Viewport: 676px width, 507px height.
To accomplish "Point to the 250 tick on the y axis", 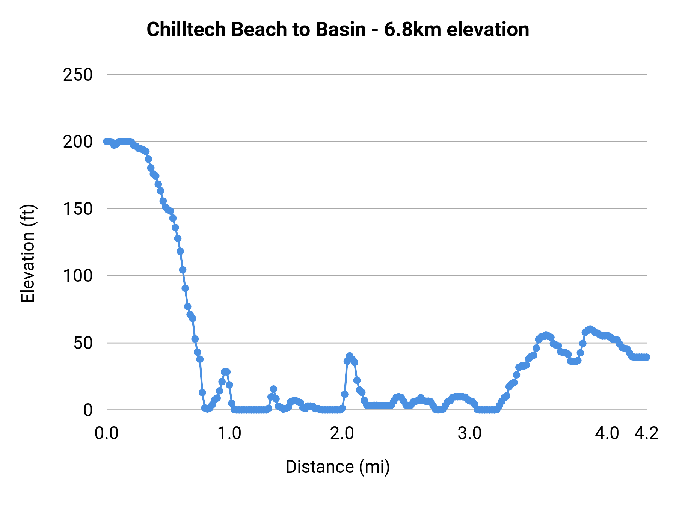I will click(78, 75).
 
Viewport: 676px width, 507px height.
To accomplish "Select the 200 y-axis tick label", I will click(78, 142).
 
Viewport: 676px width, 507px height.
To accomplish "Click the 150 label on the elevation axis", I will click(78, 209).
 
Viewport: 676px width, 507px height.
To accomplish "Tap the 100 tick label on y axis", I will click(78, 276).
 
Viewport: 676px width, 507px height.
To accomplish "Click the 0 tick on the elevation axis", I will click(88, 410).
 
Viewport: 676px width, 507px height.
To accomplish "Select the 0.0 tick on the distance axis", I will click(106, 433).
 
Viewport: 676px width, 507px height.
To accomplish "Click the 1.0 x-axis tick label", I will click(229, 433).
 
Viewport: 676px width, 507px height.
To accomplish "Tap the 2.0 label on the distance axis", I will click(342, 433).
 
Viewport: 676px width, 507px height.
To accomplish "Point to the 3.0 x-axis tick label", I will click(469, 433).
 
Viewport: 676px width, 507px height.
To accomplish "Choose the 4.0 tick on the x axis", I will click(607, 433).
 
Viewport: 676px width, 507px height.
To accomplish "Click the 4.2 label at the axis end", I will click(646, 433).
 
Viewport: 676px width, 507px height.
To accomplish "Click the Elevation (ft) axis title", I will click(27, 253).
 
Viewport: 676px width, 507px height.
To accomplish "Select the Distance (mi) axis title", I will click(338, 467).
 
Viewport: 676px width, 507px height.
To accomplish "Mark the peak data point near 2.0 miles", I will click(350, 356).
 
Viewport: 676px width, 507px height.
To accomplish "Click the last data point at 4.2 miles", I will click(646, 357).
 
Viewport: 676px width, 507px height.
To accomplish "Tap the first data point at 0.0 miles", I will click(107, 142).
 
